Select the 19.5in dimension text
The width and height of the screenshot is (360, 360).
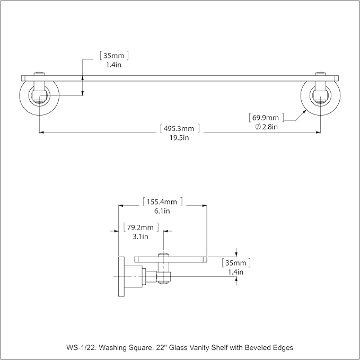tap(179, 138)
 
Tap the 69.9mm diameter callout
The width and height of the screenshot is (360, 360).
tap(266, 118)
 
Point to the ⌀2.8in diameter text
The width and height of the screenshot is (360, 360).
tap(266, 127)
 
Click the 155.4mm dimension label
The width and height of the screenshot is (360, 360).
tap(163, 202)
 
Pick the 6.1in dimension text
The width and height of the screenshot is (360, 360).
tap(162, 211)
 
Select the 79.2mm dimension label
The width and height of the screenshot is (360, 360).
tap(141, 227)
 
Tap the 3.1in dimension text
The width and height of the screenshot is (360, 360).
tap(141, 236)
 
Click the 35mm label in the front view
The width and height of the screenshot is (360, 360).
tap(114, 56)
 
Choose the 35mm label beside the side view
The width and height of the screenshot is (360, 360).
tap(236, 263)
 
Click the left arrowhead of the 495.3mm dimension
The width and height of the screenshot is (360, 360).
tap(41, 132)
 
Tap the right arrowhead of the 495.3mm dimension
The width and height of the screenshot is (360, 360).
tap(319, 132)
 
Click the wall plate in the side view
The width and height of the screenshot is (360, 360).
tap(121, 276)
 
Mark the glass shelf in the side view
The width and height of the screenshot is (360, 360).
tap(171, 259)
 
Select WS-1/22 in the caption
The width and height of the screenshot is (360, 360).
tap(82, 348)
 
